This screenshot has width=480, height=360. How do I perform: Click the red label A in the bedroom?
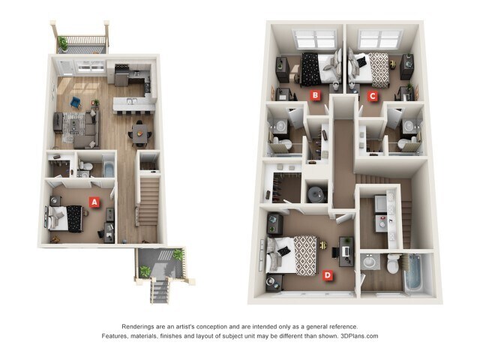pyautogui.click(x=94, y=202)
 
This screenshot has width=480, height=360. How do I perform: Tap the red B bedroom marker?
pyautogui.click(x=316, y=95)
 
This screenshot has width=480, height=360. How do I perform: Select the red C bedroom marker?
pyautogui.click(x=373, y=95)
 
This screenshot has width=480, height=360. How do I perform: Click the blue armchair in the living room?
pyautogui.click(x=76, y=102)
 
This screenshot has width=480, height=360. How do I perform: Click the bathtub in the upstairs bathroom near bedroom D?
pyautogui.click(x=412, y=273)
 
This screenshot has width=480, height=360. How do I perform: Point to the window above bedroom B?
pyautogui.click(x=316, y=39)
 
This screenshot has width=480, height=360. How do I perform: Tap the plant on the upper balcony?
pyautogui.click(x=63, y=43)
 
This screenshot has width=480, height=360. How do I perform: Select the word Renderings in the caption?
pyautogui.click(x=141, y=326)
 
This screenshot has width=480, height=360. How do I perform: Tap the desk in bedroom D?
pyautogui.click(x=346, y=251)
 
